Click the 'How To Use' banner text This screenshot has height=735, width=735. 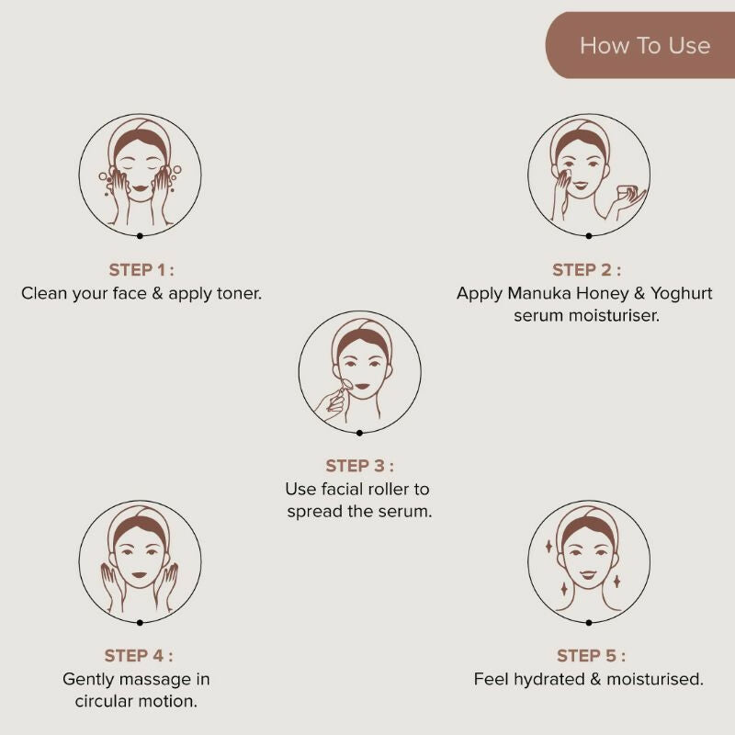[645, 46]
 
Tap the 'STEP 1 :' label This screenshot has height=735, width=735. [141, 270]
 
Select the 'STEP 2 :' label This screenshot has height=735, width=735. [586, 270]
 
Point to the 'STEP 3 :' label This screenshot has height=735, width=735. [359, 466]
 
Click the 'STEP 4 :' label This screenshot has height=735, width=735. [139, 656]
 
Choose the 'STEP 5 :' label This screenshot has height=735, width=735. [591, 656]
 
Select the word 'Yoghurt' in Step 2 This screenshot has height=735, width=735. [681, 294]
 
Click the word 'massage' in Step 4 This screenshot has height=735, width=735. [153, 680]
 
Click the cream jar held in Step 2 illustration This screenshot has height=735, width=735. [626, 191]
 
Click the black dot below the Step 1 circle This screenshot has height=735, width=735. [140, 236]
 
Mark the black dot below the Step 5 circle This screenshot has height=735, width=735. [589, 623]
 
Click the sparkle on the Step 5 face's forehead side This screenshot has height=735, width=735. [548, 546]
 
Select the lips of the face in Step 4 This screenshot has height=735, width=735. [140, 575]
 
